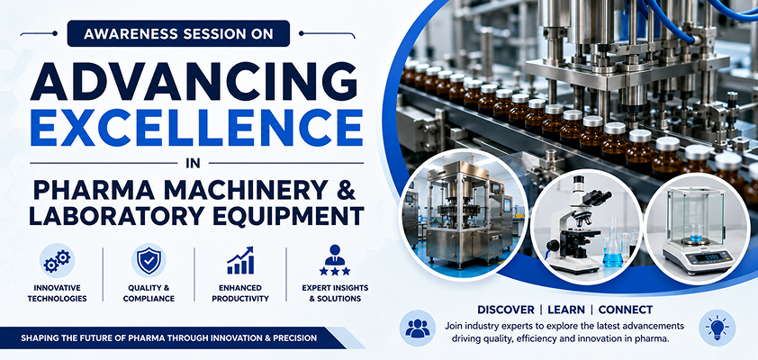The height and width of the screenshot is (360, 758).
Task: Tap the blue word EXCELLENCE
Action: click(196, 128)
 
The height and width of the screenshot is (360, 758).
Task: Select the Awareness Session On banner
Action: click(178, 34)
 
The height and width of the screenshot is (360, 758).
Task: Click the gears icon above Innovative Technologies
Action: click(57, 261)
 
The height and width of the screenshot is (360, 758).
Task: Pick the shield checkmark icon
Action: click(149, 261)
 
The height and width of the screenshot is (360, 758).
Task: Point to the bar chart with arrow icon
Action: click(240, 261)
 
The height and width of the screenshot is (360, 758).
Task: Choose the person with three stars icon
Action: click(335, 261)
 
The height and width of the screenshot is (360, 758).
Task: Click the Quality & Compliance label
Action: click(149, 292)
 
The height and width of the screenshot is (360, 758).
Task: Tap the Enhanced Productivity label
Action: click(240, 292)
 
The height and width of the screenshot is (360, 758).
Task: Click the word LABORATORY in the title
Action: click(101, 216)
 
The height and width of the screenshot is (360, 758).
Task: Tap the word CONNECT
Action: click(626, 310)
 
